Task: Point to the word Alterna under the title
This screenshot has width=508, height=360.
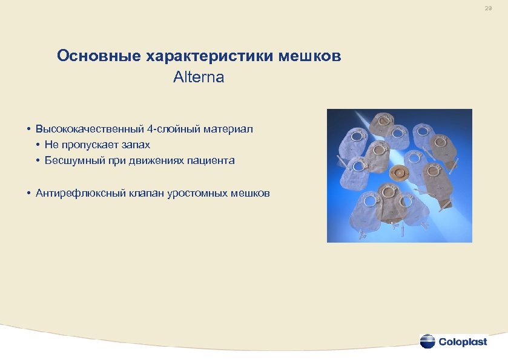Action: pyautogui.click(x=199, y=77)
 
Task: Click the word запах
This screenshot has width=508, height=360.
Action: pyautogui.click(x=134, y=145)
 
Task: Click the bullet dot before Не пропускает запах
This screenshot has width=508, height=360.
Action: pyautogui.click(x=38, y=145)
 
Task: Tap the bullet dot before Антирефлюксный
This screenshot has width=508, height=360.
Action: pyautogui.click(x=29, y=193)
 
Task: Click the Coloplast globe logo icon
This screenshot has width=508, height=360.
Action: pyautogui.click(x=427, y=341)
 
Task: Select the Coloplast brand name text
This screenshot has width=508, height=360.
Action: pyautogui.click(x=463, y=342)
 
